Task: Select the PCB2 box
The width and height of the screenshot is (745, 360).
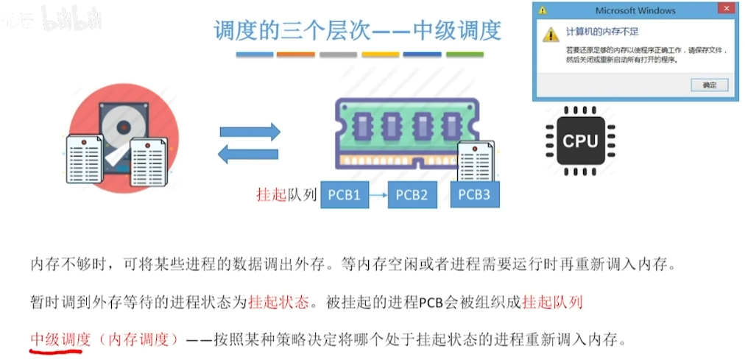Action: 412,195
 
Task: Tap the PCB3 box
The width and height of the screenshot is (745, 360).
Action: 473,195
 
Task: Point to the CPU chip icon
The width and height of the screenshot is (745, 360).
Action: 580,140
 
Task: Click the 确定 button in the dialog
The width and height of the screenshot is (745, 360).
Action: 710,85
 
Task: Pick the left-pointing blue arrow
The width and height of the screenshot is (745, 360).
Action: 250,154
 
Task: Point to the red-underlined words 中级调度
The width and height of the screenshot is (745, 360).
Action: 60,339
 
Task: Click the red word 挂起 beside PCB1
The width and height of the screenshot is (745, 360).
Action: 270,195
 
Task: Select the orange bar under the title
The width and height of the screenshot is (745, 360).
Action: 296,54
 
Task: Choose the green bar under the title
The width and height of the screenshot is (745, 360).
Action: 465,54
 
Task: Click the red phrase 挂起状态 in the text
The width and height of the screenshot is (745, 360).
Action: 279,302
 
